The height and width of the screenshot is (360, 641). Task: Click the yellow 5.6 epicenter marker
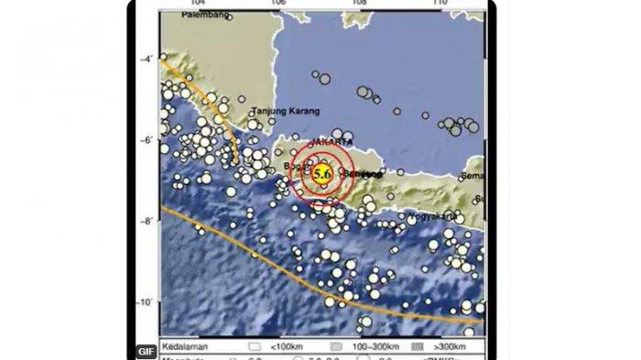pos(321,173)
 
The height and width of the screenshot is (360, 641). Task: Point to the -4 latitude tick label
pos(147,60)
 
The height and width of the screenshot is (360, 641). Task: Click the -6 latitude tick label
pos(147,140)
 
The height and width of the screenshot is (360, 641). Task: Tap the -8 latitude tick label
pos(147,221)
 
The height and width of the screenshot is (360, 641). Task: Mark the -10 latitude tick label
pos(145,301)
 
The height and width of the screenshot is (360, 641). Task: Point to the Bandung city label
pos(297,166)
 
